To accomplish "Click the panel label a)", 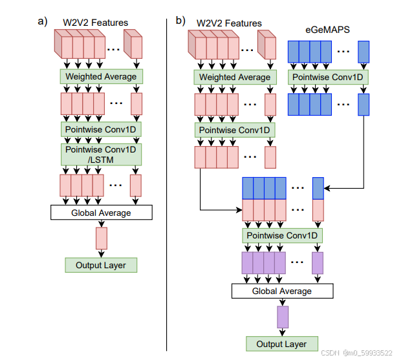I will click(43, 20).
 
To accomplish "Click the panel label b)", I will click(181, 20).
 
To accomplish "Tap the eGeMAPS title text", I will click(327, 30).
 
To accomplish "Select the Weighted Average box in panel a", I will click(102, 76).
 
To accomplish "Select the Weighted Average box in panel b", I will click(235, 77).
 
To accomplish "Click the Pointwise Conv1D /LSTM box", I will click(102, 154).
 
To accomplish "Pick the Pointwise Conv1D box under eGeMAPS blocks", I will click(327, 77).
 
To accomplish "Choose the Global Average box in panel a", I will click(101, 213).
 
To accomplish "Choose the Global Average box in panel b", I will click(281, 291).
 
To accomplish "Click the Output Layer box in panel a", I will click(101, 265).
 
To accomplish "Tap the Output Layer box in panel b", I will click(281, 343).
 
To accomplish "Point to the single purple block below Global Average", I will click(282, 317).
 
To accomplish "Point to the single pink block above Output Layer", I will click(102, 238).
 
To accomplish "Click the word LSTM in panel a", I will click(105, 160).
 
